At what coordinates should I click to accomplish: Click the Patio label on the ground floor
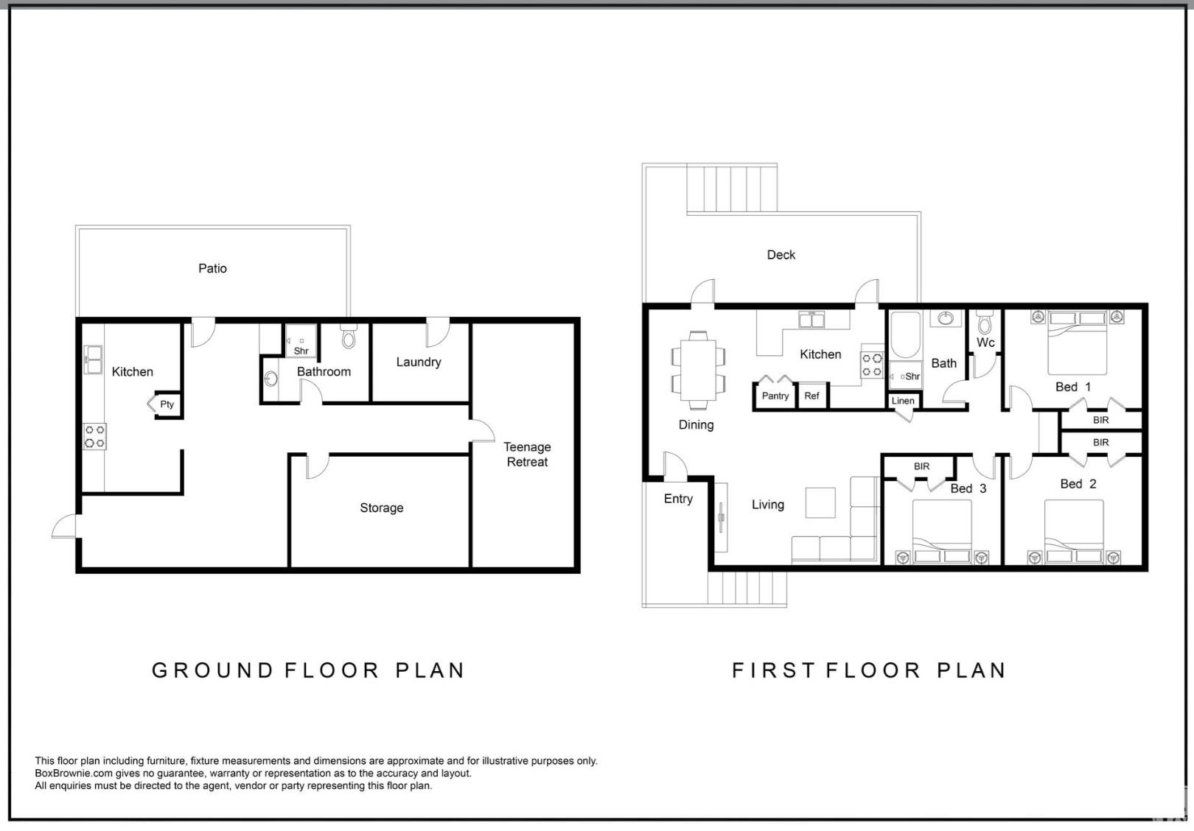click(212, 268)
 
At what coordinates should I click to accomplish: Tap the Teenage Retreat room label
click(527, 455)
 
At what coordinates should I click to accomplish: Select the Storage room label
click(382, 508)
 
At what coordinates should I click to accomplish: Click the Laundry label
click(419, 362)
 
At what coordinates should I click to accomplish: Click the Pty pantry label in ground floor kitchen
click(167, 404)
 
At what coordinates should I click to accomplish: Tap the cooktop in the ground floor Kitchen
click(94, 436)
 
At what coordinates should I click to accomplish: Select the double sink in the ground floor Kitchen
click(93, 360)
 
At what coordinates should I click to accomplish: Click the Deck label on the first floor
click(781, 255)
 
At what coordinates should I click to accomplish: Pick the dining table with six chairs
click(698, 371)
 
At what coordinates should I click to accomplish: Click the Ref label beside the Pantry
click(811, 396)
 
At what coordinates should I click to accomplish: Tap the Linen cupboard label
click(903, 401)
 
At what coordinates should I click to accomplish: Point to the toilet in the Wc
click(985, 323)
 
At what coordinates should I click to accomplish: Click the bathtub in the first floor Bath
click(905, 334)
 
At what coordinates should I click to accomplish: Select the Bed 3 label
click(968, 489)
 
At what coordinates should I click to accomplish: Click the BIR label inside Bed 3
click(921, 466)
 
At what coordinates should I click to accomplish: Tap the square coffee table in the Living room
click(820, 503)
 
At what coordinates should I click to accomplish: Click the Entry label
click(678, 499)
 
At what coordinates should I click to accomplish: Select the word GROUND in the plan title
click(212, 670)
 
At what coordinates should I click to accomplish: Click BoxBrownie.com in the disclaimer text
click(74, 774)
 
